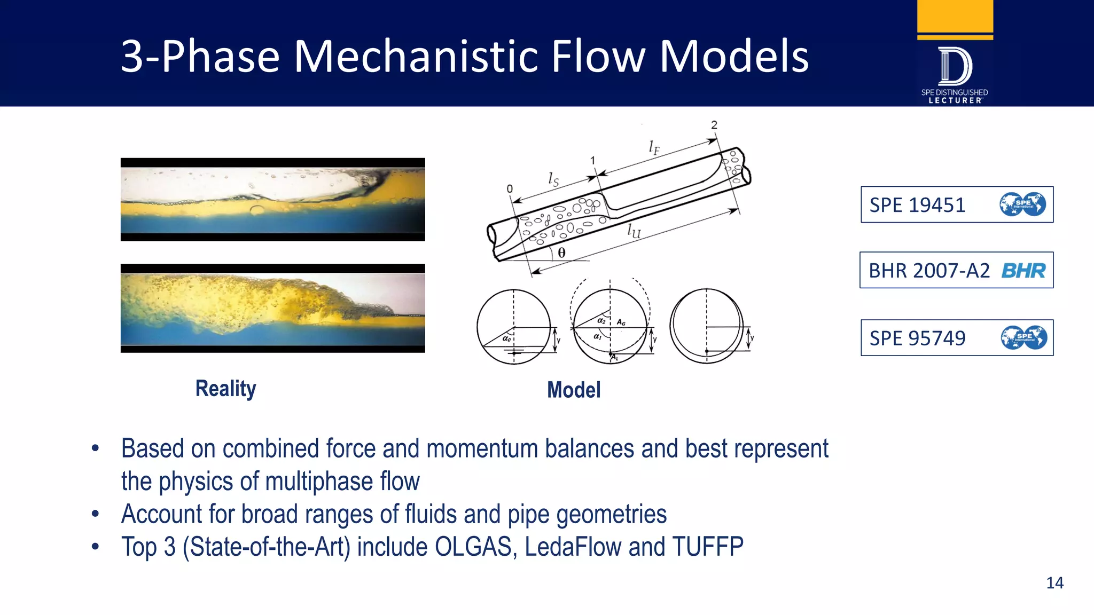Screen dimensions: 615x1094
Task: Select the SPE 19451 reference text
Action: tap(917, 205)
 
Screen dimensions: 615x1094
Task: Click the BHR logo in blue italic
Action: tap(1023, 271)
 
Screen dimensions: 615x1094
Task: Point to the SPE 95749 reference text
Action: tap(917, 338)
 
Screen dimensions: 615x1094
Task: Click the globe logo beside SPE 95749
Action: tap(1023, 337)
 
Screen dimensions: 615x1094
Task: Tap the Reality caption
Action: tap(225, 389)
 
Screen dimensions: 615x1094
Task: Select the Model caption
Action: tap(574, 390)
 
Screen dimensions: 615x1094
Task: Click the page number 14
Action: tap(1054, 582)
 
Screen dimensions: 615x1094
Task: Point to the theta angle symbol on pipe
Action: tap(561, 253)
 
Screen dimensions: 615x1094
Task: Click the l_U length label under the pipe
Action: tap(634, 231)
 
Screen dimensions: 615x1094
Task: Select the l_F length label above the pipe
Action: tap(654, 147)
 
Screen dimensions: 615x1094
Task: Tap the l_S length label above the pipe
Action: tap(553, 179)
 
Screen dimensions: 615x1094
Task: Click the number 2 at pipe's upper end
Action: tap(714, 125)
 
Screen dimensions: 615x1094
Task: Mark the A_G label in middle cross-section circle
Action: tap(621, 322)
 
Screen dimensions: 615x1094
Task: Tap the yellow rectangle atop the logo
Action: tap(955, 16)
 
